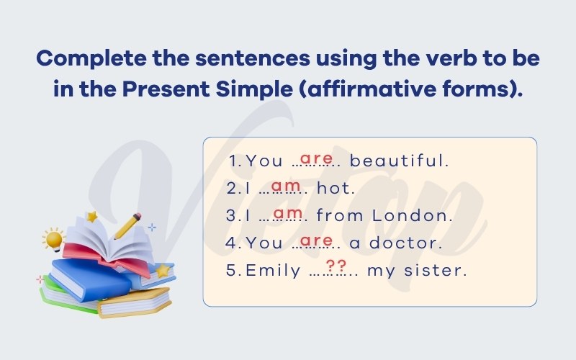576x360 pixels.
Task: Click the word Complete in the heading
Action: [91, 59]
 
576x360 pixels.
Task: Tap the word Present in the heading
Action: [166, 89]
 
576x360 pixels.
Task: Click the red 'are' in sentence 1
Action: [316, 158]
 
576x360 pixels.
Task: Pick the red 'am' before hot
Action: [286, 186]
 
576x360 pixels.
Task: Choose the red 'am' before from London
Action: [288, 213]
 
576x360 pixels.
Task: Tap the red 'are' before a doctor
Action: [316, 240]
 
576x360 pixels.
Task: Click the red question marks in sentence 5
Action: [336, 265]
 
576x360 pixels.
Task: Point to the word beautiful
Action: [400, 161]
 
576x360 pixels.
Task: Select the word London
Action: [412, 215]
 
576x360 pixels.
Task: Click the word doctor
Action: [405, 243]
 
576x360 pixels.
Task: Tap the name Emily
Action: [273, 271]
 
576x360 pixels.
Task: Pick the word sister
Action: [436, 271]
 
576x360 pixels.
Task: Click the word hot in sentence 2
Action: [336, 188]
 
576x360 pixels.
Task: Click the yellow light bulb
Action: [54, 240]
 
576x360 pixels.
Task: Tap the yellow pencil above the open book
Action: [128, 225]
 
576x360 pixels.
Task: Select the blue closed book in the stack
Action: [90, 279]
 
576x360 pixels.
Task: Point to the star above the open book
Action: [92, 217]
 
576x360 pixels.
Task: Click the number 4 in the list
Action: [230, 243]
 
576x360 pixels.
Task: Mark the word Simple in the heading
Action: [254, 89]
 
